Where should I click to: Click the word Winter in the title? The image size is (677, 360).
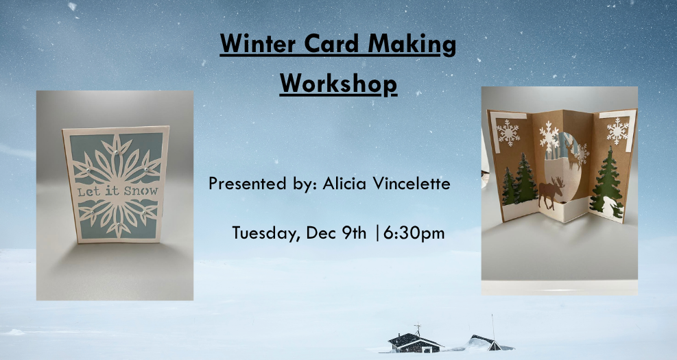click(x=258, y=44)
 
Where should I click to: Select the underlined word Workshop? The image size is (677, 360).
click(x=338, y=83)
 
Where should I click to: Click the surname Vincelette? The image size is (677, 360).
click(x=412, y=184)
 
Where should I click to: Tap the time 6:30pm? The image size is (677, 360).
click(x=414, y=234)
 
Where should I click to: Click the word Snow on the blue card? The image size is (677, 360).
click(x=141, y=191)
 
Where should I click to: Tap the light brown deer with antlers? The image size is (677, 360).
click(x=572, y=154)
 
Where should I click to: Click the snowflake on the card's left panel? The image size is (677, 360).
click(x=508, y=132)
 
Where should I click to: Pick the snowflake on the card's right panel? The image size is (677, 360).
click(x=618, y=131)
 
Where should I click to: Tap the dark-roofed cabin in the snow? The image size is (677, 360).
click(x=414, y=342)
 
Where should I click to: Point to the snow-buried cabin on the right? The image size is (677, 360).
click(x=486, y=343)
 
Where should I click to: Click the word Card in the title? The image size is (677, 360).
click(x=332, y=44)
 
